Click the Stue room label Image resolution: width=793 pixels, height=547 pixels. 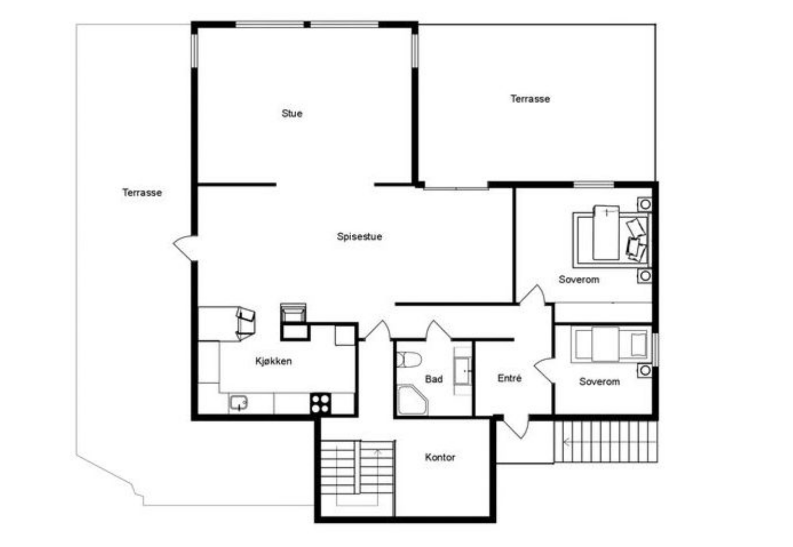pos(292,114)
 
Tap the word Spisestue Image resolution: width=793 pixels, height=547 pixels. pos(359,237)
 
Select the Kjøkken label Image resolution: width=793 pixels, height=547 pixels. pos(273,361)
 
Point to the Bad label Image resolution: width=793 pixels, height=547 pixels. pos(434,379)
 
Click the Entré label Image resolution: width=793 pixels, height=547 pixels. pos(510,378)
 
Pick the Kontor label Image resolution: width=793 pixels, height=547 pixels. pos(440,457)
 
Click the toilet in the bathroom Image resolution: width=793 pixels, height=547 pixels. pos(408,360)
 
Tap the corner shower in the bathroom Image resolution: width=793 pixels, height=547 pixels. pos(412,400)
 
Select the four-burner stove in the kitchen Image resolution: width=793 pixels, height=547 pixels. pos(320,404)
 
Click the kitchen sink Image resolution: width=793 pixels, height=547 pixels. pos(239,403)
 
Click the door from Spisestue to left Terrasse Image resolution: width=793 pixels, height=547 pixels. pos(185,248)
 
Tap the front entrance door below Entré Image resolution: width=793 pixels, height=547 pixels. pos(516,427)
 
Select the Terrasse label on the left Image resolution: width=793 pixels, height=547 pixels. pos(142,193)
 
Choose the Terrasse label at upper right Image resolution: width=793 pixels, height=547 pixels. pos(530,99)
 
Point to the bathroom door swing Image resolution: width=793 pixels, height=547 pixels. pos(438,330)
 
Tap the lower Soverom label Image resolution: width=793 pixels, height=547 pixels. pos(599,382)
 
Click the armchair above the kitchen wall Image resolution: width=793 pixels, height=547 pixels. pos(293,313)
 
